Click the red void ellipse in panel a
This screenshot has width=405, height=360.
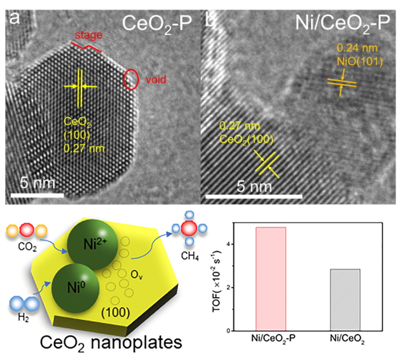(130, 79)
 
